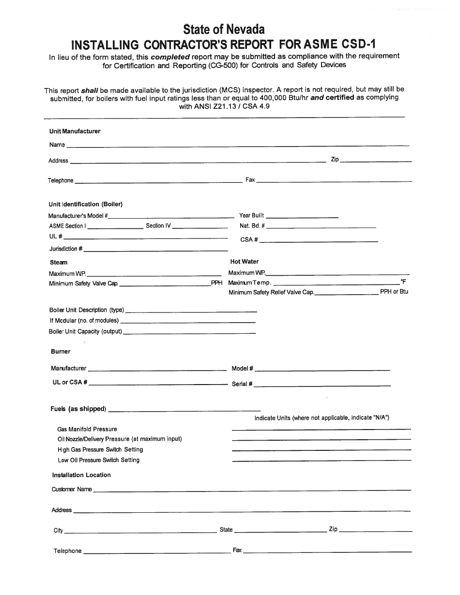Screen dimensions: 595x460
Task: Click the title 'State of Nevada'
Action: pyautogui.click(x=224, y=30)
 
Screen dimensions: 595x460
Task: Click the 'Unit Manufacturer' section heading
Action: pyautogui.click(x=75, y=132)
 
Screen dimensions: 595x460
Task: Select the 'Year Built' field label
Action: pyautogui.click(x=251, y=215)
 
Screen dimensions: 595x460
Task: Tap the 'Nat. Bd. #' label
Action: pyautogui.click(x=252, y=226)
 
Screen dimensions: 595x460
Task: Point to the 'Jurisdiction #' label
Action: pyautogui.click(x=66, y=249)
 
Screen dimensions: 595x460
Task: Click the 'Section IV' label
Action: pyautogui.click(x=158, y=226)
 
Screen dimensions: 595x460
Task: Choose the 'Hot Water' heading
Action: pyautogui.click(x=244, y=262)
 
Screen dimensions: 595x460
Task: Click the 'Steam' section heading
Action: pyautogui.click(x=59, y=263)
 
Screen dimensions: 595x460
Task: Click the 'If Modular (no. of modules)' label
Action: pyautogui.click(x=84, y=321)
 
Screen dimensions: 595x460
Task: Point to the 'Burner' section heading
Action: pyautogui.click(x=61, y=352)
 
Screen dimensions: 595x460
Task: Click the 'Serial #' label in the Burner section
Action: pyautogui.click(x=242, y=384)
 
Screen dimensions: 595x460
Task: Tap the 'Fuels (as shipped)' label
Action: pyautogui.click(x=78, y=409)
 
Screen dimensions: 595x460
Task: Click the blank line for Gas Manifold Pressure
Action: pyautogui.click(x=321, y=430)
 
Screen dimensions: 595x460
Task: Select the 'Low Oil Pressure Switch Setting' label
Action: pyautogui.click(x=98, y=460)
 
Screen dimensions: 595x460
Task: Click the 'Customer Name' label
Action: pyautogui.click(x=72, y=489)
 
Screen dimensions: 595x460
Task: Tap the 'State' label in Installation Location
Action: pyautogui.click(x=226, y=530)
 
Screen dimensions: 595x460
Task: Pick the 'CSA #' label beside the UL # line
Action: pyautogui.click(x=249, y=240)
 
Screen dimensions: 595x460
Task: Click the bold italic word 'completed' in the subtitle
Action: pyautogui.click(x=170, y=56)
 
